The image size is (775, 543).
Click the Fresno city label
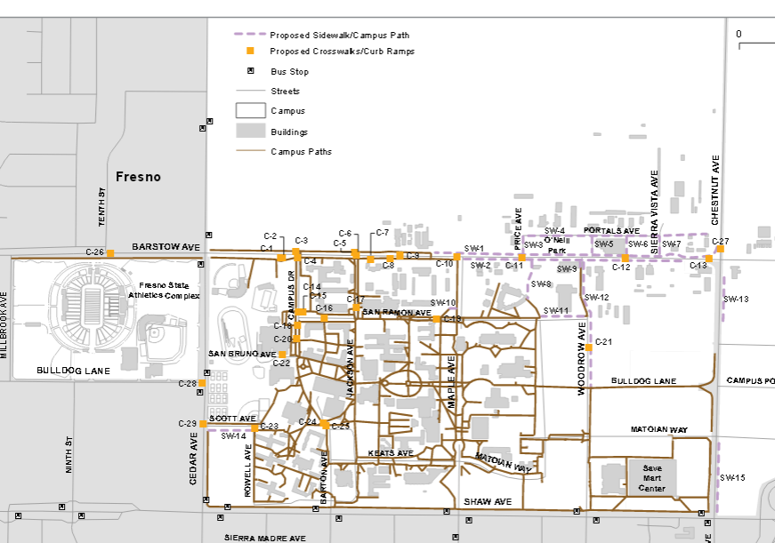coord(138,177)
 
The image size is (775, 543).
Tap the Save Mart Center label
coord(651,477)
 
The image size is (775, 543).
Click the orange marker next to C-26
coord(110,253)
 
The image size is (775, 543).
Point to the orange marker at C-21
coord(588,347)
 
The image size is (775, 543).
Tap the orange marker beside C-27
coord(720,249)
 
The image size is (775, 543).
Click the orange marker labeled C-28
coord(203,384)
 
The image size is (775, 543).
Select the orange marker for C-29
coord(203,424)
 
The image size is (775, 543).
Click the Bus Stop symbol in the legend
coord(251,71)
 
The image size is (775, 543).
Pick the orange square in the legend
coord(251,52)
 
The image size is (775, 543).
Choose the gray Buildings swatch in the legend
coord(251,131)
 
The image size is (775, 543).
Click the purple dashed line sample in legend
coord(251,35)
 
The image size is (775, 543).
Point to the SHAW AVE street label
coord(488,502)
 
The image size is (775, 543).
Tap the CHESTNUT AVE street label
coord(715,189)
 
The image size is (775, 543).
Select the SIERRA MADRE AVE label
coord(264,538)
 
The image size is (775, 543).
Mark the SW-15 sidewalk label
coord(734,478)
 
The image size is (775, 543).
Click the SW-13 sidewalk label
coord(736,299)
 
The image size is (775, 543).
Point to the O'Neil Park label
coord(556,245)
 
